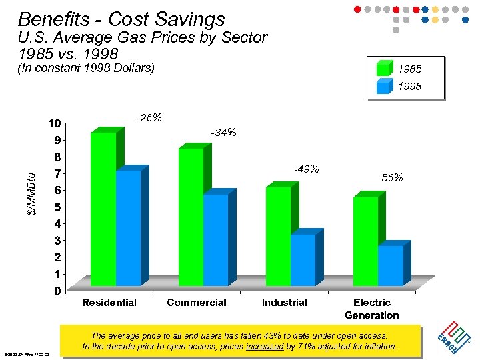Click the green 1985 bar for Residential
pyautogui.click(x=103, y=210)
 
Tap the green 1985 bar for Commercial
pyautogui.click(x=191, y=218)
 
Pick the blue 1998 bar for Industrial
pyautogui.click(x=303, y=261)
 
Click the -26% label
pyautogui.click(x=149, y=118)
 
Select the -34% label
pyautogui.click(x=223, y=133)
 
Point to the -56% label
pyautogui.click(x=390, y=178)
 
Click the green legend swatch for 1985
pyautogui.click(x=385, y=69)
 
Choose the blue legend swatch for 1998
pyautogui.click(x=385, y=86)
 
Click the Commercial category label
pyautogui.click(x=197, y=303)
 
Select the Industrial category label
pyautogui.click(x=284, y=303)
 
